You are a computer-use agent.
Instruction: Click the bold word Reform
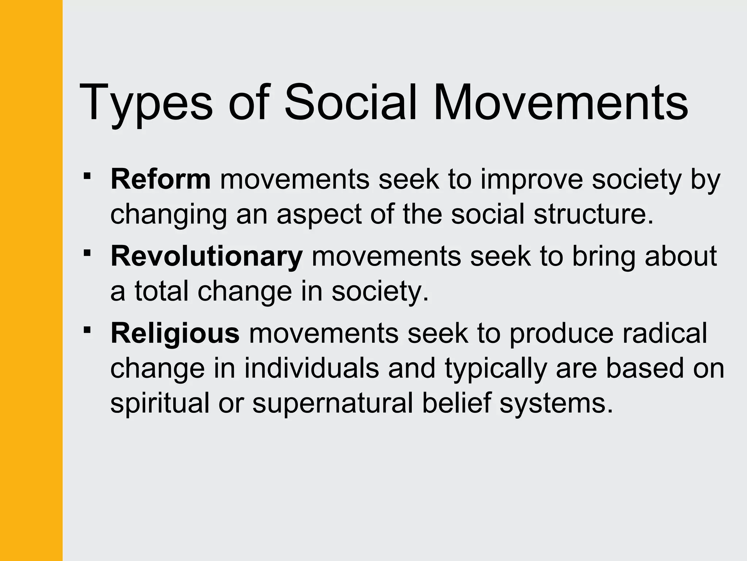pyautogui.click(x=160, y=179)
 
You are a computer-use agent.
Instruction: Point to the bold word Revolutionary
pyautogui.click(x=206, y=257)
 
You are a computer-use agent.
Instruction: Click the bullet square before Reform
pyautogui.click(x=87, y=176)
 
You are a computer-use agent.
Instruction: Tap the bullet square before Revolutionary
pyautogui.click(x=87, y=253)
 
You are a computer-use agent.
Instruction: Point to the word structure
pyautogui.click(x=593, y=214)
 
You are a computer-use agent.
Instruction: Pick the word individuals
pyautogui.click(x=311, y=368)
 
